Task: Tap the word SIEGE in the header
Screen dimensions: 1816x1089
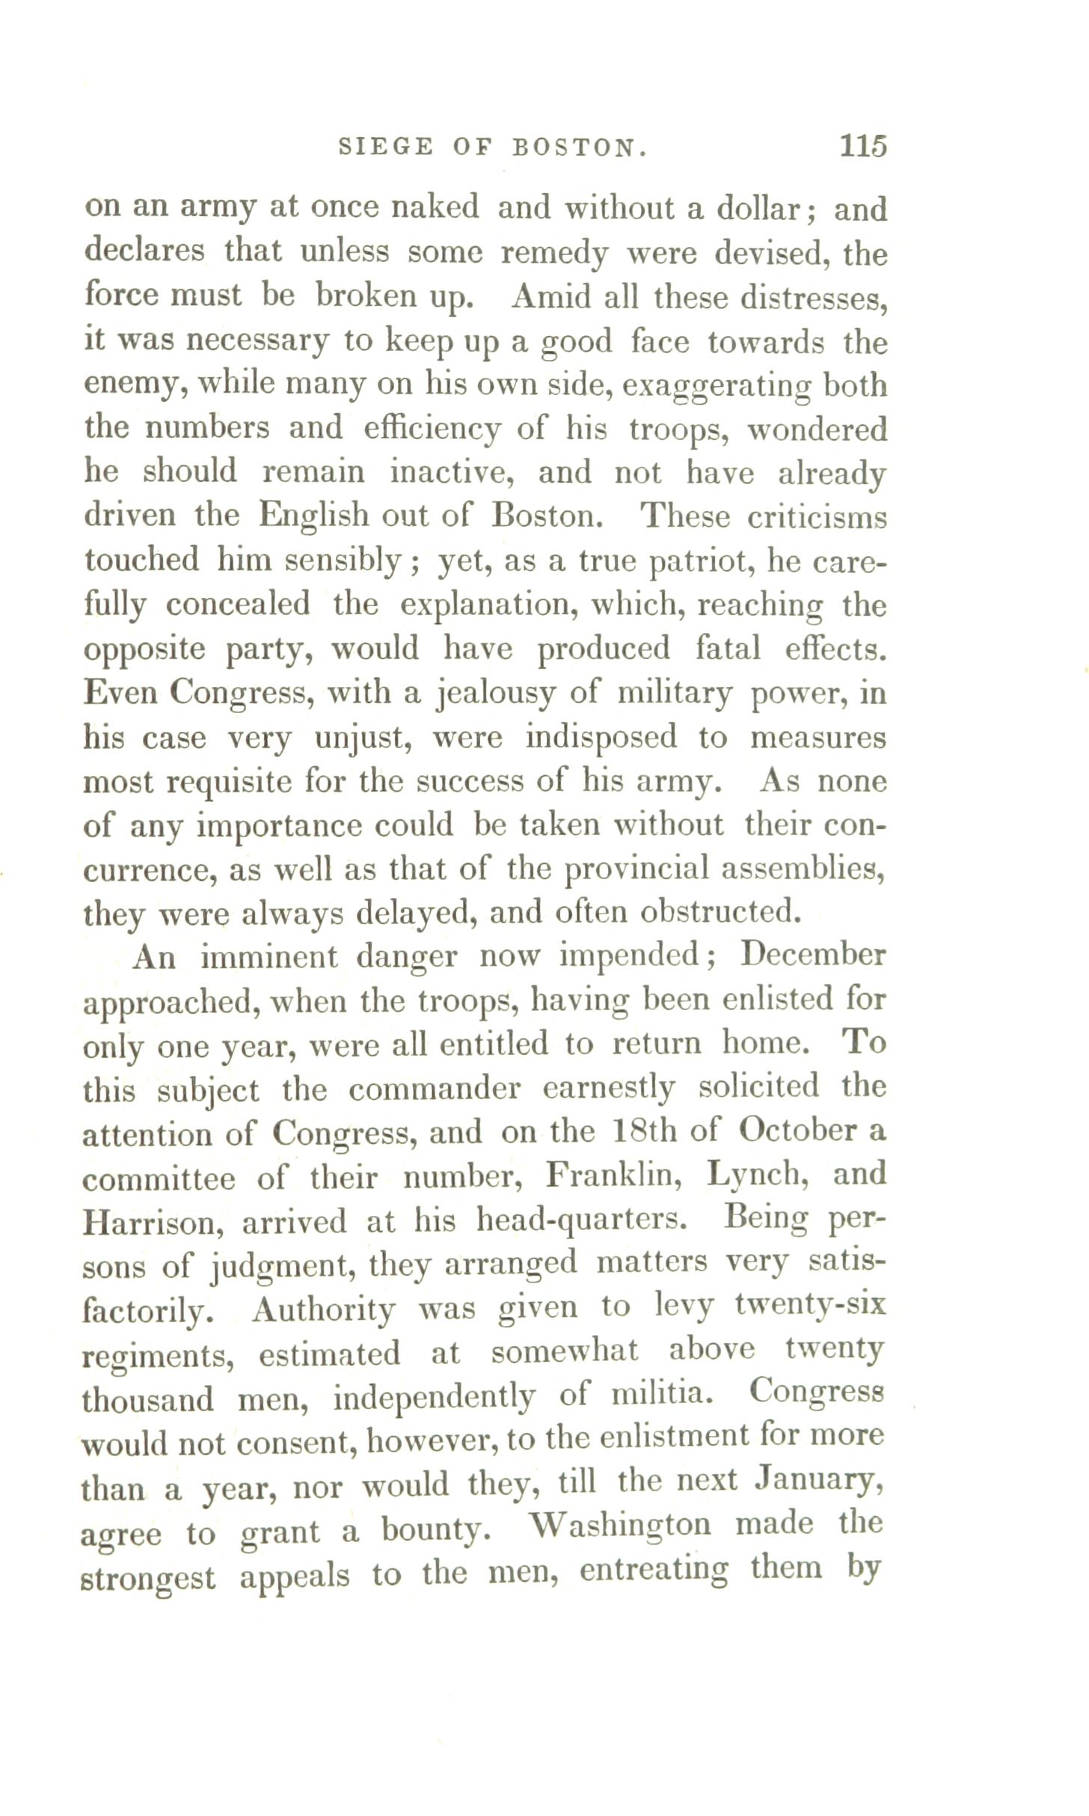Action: point(385,147)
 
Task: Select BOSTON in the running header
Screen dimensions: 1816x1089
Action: point(579,147)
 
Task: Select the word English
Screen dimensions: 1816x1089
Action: point(313,516)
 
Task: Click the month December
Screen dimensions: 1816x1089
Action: point(812,956)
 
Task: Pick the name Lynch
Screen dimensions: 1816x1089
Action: point(758,1175)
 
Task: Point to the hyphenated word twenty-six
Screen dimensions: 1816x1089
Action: point(810,1306)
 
